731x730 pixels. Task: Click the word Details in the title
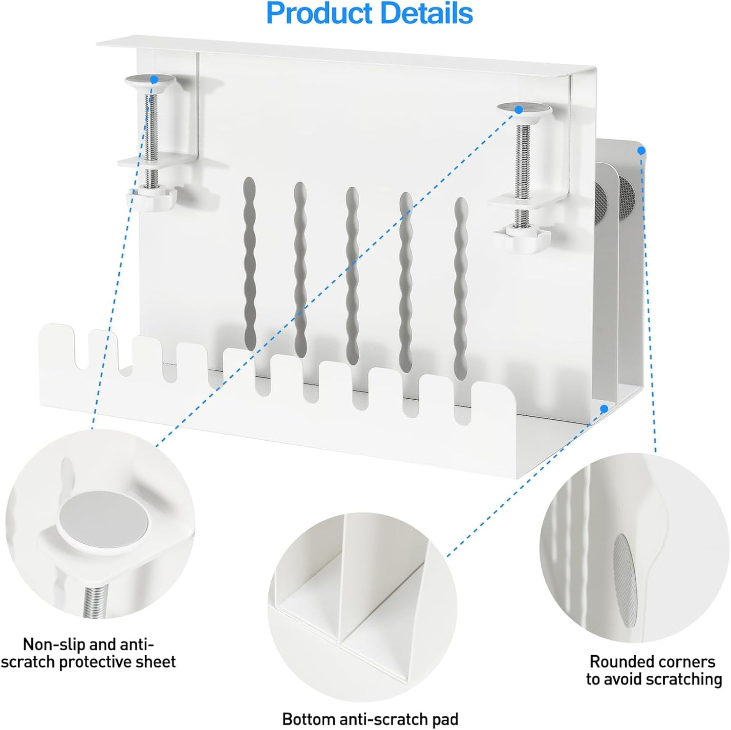click(x=426, y=13)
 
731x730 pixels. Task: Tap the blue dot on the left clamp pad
click(x=154, y=80)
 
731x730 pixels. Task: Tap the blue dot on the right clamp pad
click(x=518, y=110)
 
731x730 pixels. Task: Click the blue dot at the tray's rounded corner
click(x=641, y=151)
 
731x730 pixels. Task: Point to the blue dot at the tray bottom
click(x=605, y=409)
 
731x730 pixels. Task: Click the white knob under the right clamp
click(x=521, y=237)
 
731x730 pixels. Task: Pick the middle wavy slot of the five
click(x=352, y=275)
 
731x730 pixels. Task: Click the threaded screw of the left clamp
click(x=151, y=141)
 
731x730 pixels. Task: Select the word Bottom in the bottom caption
click(x=309, y=709)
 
